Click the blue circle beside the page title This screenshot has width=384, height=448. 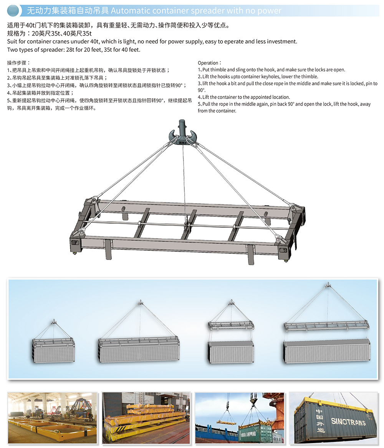click(x=13, y=11)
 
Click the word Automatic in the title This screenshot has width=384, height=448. click(x=130, y=11)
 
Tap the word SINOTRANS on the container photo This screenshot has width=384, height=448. click(x=348, y=422)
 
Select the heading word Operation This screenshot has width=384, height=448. click(x=208, y=63)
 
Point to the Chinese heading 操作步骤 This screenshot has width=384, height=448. click(x=17, y=63)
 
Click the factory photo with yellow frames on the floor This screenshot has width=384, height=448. click(x=52, y=418)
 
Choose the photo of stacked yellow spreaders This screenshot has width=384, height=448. click(x=146, y=418)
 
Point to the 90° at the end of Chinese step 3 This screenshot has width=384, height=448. click(x=178, y=86)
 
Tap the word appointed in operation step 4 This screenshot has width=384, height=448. click(x=253, y=97)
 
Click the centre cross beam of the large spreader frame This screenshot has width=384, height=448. click(x=189, y=225)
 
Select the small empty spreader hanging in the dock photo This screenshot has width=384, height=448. click(x=226, y=422)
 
